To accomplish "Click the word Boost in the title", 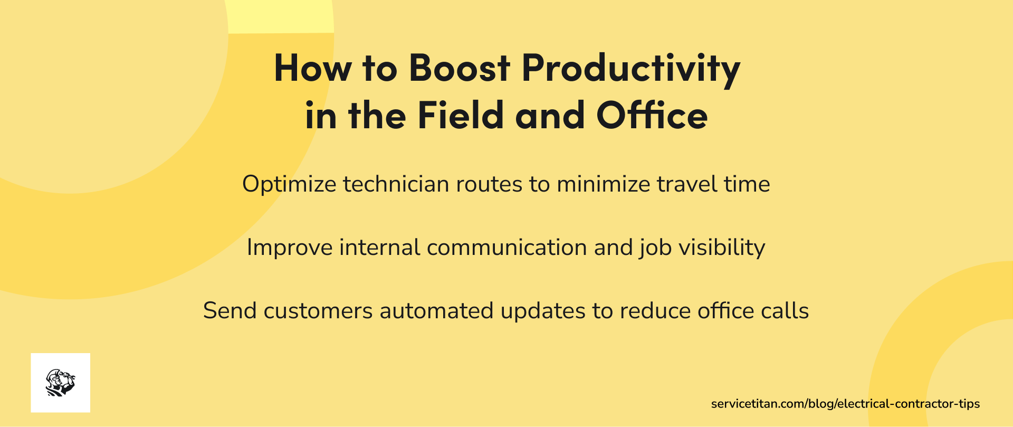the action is (460, 68).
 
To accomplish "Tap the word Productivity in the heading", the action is (631, 70).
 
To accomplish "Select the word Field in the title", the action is (461, 115).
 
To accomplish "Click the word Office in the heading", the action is (652, 115).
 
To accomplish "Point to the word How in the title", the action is (313, 68).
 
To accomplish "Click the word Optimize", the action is (289, 185).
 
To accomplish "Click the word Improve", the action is (290, 248).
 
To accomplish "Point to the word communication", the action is (507, 248).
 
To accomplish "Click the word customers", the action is (318, 311).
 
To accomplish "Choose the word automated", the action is (437, 310).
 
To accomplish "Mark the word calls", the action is (785, 310).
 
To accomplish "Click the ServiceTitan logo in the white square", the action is (61, 383).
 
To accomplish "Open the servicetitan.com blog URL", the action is (845, 404).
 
